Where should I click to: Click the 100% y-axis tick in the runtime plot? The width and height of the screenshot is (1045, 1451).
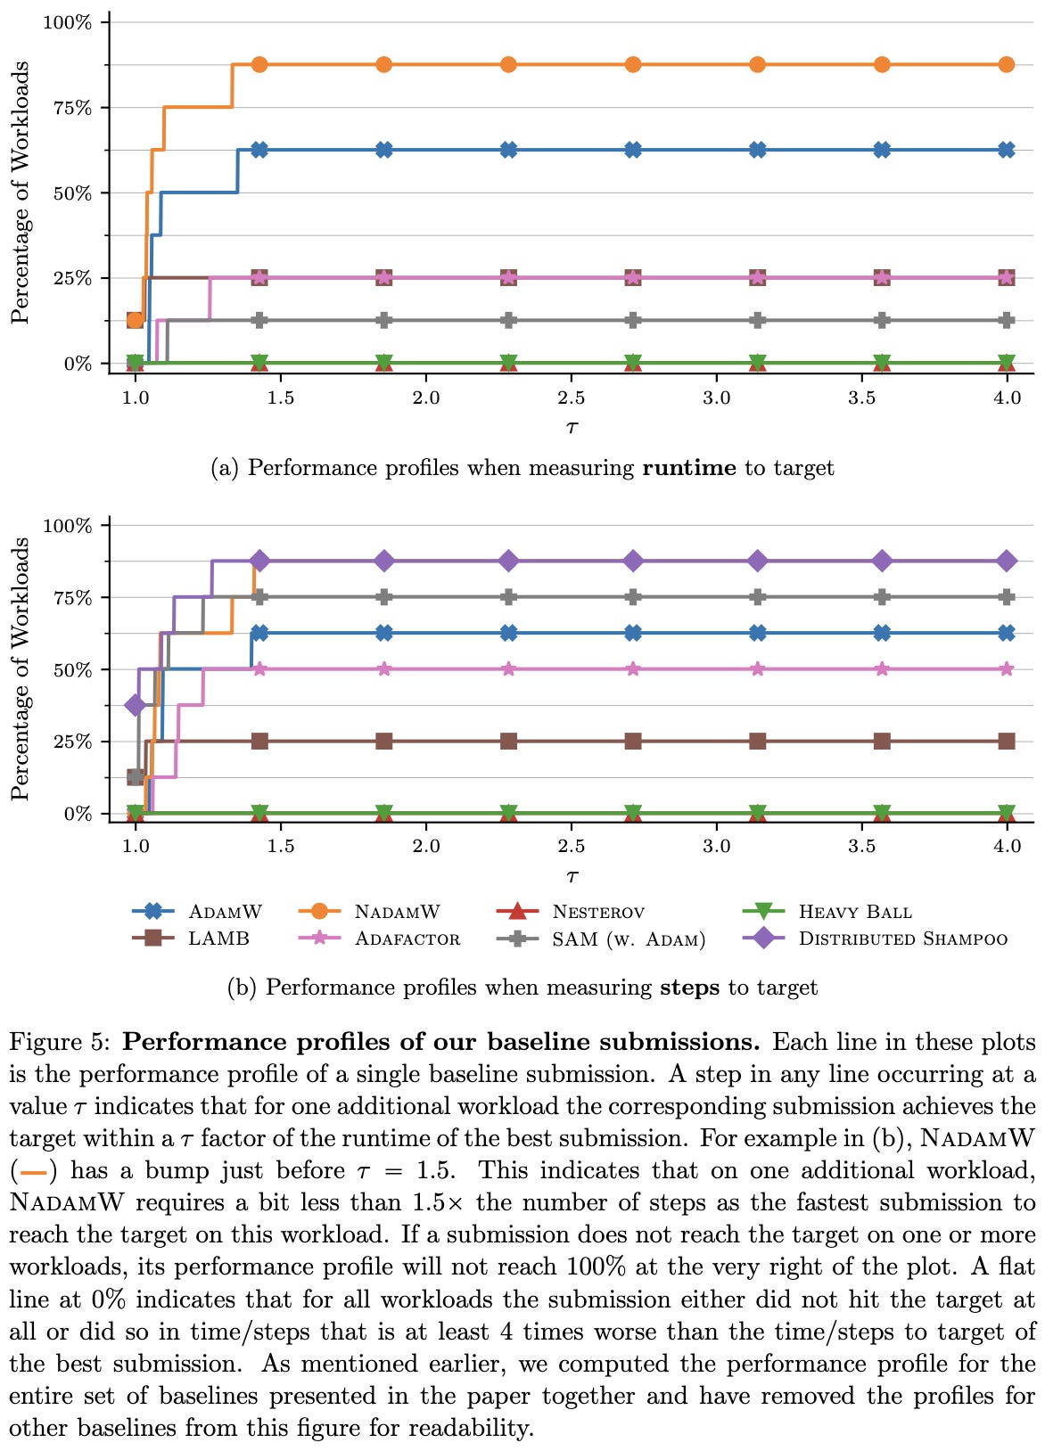click(x=68, y=22)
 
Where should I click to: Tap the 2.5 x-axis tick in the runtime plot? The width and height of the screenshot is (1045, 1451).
click(x=572, y=398)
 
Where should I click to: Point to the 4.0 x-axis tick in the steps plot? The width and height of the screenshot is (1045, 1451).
click(x=1007, y=846)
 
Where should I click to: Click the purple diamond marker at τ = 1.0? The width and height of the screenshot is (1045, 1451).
click(x=136, y=705)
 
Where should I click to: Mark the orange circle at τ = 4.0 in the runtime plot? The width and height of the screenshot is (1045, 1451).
click(x=1007, y=64)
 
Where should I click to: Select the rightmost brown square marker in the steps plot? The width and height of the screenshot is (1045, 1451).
click(x=1007, y=741)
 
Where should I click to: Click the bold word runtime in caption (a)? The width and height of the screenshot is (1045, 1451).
click(x=689, y=468)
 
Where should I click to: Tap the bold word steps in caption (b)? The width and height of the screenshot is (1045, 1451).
click(x=689, y=988)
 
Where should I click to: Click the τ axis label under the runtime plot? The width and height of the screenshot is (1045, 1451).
click(x=572, y=426)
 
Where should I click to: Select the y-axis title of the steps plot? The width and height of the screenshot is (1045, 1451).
click(x=20, y=668)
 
